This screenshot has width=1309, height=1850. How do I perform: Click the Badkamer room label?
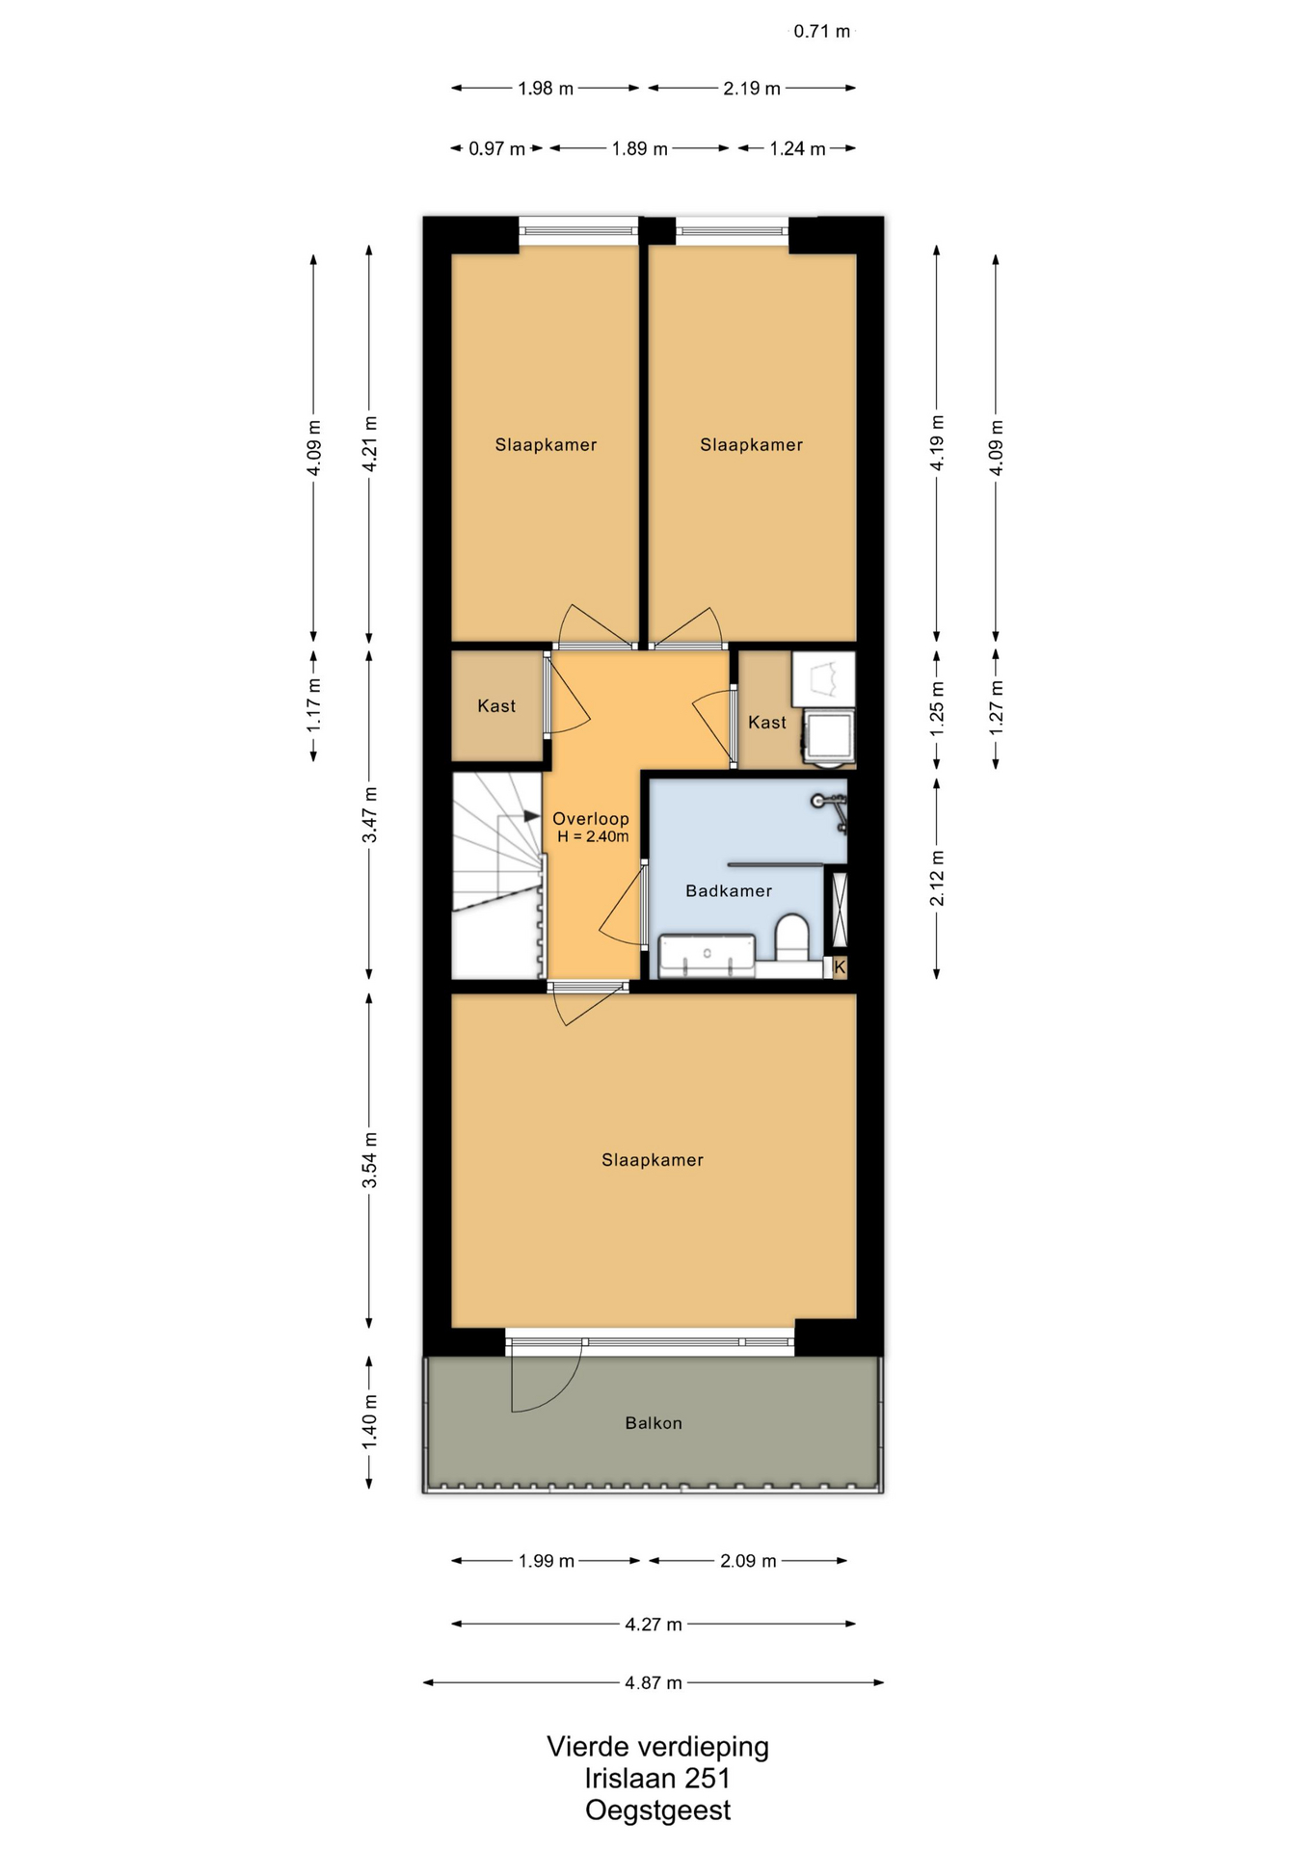(x=729, y=891)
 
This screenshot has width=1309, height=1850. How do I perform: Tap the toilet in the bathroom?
(x=792, y=938)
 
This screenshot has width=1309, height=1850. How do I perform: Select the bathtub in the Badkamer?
(x=707, y=955)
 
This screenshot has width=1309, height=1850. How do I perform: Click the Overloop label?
(x=590, y=819)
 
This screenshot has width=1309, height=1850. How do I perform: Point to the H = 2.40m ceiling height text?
(x=593, y=836)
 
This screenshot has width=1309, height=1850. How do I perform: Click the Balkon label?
(x=654, y=1423)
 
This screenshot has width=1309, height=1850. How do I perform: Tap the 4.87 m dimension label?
(x=654, y=1683)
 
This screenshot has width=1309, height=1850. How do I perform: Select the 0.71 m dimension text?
(x=822, y=32)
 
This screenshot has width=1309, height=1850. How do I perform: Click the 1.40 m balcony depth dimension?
(x=369, y=1421)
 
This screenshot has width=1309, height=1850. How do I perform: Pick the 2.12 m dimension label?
(x=937, y=878)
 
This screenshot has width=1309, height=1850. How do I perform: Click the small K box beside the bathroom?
(x=840, y=966)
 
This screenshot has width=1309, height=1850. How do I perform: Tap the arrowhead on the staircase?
(x=532, y=816)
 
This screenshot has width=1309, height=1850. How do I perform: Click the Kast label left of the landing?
(x=496, y=706)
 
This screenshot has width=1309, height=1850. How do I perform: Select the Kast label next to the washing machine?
(x=767, y=723)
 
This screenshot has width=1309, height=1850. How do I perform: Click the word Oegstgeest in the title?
(x=658, y=1810)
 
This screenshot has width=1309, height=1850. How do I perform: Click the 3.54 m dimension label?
(x=369, y=1160)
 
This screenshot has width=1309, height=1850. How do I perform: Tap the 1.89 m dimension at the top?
(x=640, y=149)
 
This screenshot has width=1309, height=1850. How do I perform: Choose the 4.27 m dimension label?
(x=654, y=1625)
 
